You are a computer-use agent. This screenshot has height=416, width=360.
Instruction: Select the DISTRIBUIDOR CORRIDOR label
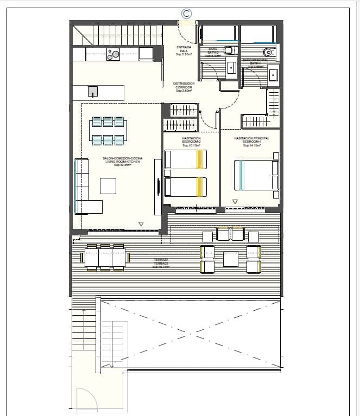[x=184, y=87]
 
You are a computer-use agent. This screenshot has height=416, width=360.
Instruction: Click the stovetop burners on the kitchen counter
[x=113, y=54]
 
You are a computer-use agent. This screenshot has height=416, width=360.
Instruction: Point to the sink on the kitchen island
[x=93, y=91]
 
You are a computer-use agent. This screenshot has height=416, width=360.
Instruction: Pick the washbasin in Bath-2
[x=231, y=67]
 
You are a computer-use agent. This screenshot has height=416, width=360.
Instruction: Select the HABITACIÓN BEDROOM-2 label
[x=191, y=142]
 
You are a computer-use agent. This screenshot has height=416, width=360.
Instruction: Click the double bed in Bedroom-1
[x=255, y=175]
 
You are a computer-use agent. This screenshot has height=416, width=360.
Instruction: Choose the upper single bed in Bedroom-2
[x=186, y=159]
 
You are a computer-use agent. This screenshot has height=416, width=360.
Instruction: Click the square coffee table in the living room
[x=108, y=186]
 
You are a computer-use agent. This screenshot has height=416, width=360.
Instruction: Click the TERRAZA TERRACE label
[x=161, y=264]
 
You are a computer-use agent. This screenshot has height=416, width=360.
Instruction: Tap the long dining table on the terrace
[x=105, y=258]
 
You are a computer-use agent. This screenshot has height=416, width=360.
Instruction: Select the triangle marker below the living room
[x=141, y=223]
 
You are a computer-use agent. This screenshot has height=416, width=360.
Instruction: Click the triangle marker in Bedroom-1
[x=235, y=202]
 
